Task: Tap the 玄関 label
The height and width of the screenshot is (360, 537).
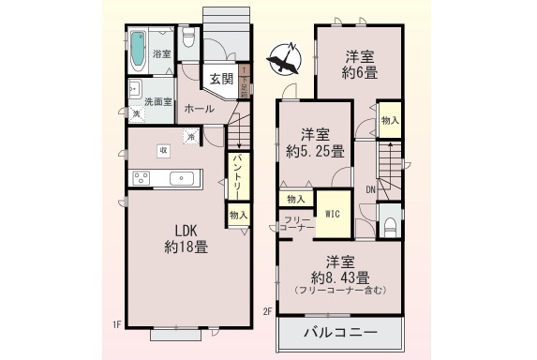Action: (221, 79)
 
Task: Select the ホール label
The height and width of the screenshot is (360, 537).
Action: (199, 109)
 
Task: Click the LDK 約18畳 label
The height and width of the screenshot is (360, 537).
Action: (186, 240)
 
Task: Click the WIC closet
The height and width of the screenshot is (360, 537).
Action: (332, 213)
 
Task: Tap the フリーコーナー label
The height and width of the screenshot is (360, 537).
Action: (295, 222)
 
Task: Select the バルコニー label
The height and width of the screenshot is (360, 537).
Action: (340, 334)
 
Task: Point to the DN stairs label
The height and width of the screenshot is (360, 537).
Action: (371, 190)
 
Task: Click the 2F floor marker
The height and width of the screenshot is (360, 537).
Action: (267, 311)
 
